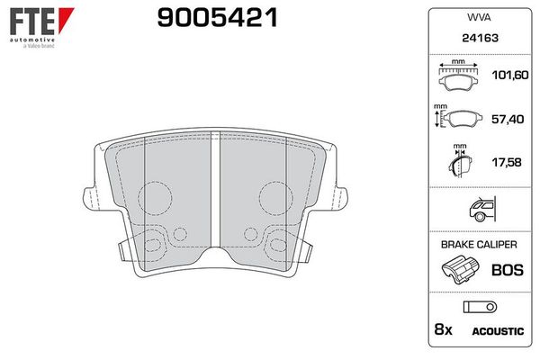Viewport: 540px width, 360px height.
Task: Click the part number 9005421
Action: tap(217, 18)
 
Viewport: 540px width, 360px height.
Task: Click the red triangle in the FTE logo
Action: tap(65, 18)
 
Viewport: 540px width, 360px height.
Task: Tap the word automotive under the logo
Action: tap(32, 40)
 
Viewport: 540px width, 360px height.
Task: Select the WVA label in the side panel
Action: tap(479, 17)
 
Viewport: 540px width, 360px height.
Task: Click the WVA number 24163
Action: tap(480, 38)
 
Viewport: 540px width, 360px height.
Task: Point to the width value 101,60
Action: tap(510, 75)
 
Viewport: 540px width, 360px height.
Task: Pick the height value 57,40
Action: tap(508, 119)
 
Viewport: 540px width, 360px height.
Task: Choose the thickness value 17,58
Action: tap(507, 162)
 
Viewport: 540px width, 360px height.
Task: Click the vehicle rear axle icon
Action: tap(482, 209)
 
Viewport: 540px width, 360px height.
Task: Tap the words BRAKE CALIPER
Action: tap(479, 245)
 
